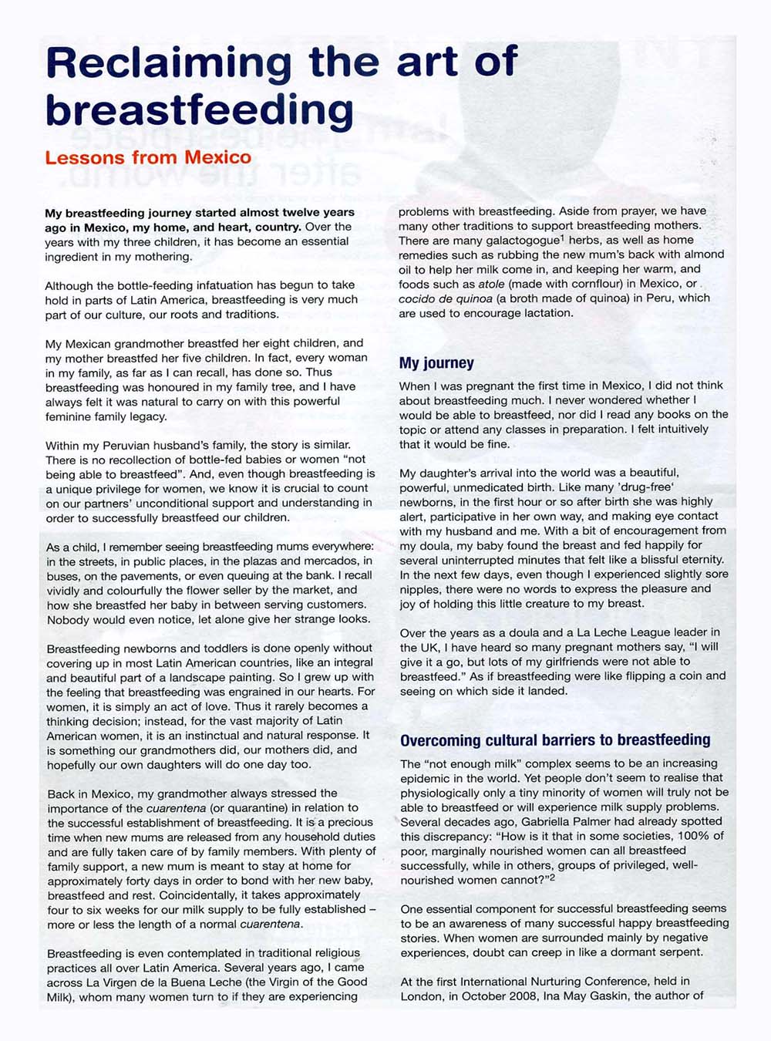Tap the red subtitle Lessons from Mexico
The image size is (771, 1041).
[x=148, y=157]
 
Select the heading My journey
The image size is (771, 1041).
[x=436, y=363]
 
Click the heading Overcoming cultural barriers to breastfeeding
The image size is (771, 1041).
[x=555, y=740]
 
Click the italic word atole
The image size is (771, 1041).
[x=491, y=285]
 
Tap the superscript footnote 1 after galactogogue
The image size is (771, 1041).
[x=562, y=238]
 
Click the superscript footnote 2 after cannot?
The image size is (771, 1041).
[x=552, y=877]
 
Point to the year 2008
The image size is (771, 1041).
[x=507, y=996]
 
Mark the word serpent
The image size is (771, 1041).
[x=682, y=952]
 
